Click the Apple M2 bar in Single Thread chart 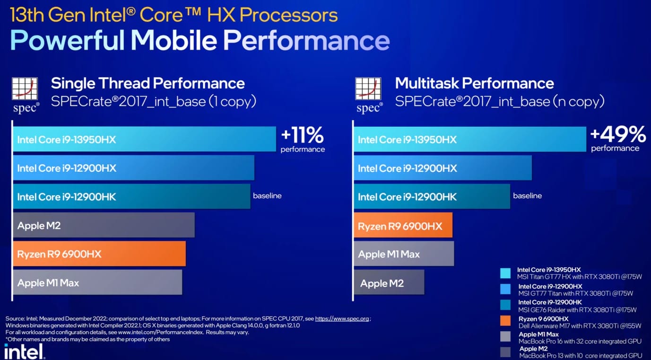point(104,225)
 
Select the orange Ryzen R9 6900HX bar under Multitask point(403,225)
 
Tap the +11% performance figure point(303,139)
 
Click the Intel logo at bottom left point(25,351)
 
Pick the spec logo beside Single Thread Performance point(25,95)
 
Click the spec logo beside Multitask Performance point(369,95)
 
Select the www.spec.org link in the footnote point(342,319)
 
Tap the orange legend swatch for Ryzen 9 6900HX point(505,320)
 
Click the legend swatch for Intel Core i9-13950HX point(505,273)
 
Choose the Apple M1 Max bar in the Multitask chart point(404,254)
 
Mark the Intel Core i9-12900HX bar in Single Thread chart point(134,167)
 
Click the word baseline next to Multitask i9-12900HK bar point(528,196)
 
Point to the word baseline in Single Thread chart point(267,196)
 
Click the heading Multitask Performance point(474,83)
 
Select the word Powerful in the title point(68,40)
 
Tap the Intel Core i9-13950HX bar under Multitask point(470,139)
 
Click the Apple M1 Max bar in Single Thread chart point(98,282)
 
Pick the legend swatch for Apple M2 point(505,352)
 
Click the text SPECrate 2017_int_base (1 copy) point(154,102)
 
